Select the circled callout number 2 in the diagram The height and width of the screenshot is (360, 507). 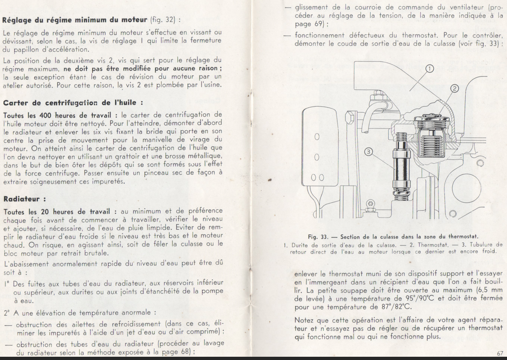[x=455, y=89]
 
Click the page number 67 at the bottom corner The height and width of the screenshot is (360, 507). [x=499, y=354]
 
